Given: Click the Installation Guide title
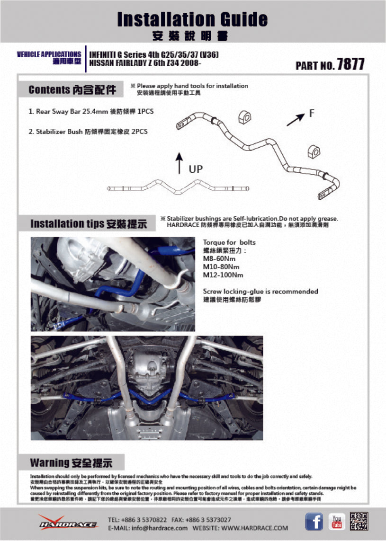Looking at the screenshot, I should pos(192,19).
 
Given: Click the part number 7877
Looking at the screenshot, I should pos(350,64).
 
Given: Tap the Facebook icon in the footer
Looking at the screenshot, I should pos(314,522).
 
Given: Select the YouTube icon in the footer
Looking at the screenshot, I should pos(337,522).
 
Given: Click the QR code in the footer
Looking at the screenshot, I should pos(359,522).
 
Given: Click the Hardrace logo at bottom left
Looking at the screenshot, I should pos(68,522).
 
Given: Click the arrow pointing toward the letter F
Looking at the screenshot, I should pos(296,119).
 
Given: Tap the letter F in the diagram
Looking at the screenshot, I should pos(312,113).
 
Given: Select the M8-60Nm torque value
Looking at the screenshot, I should pos(219,259).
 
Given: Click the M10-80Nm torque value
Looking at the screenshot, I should pos(221,267).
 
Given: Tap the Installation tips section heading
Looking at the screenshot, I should pos(88,223).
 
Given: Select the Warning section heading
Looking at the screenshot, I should pos(71,462).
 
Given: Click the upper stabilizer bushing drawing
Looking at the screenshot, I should pos(245,116).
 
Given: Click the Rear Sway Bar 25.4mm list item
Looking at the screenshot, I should pos(91,111).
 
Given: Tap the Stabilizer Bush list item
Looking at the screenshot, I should pos(88,132).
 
